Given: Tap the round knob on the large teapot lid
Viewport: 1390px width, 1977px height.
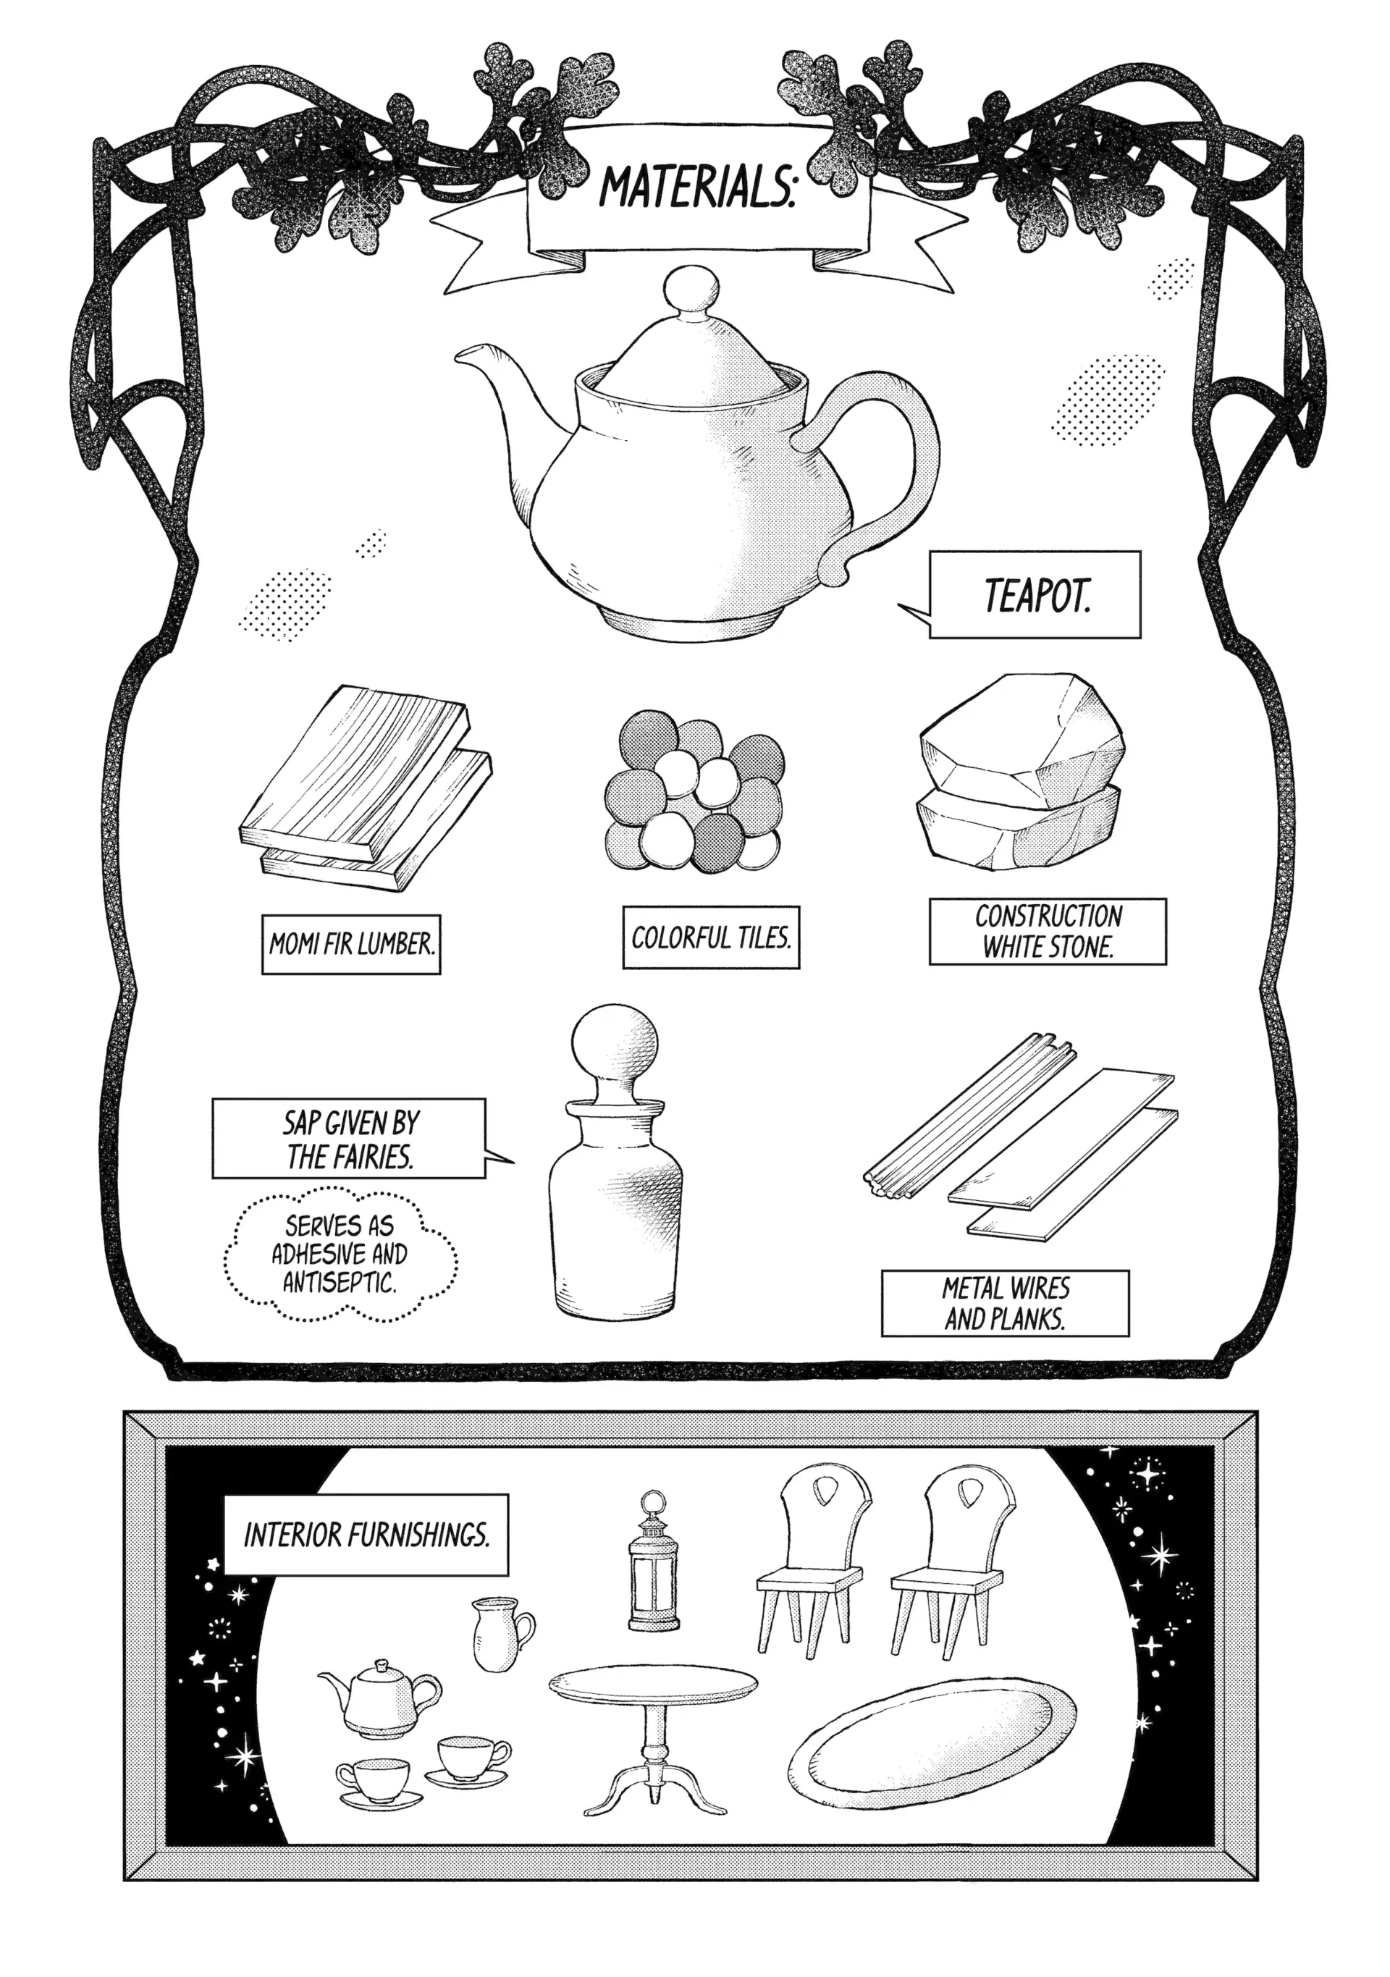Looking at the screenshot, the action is click(694, 291).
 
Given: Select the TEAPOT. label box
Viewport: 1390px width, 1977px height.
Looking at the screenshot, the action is click(1035, 594).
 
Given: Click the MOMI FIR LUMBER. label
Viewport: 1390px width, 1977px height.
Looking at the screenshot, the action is click(351, 945).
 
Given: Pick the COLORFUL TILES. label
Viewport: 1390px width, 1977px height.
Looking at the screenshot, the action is click(710, 937).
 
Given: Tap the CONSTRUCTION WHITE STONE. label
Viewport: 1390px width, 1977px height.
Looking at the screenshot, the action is click(1048, 932).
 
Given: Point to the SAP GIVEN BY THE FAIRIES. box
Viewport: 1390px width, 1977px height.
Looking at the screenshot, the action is click(349, 1138).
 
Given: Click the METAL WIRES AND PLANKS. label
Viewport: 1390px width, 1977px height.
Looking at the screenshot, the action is click(1005, 1304).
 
